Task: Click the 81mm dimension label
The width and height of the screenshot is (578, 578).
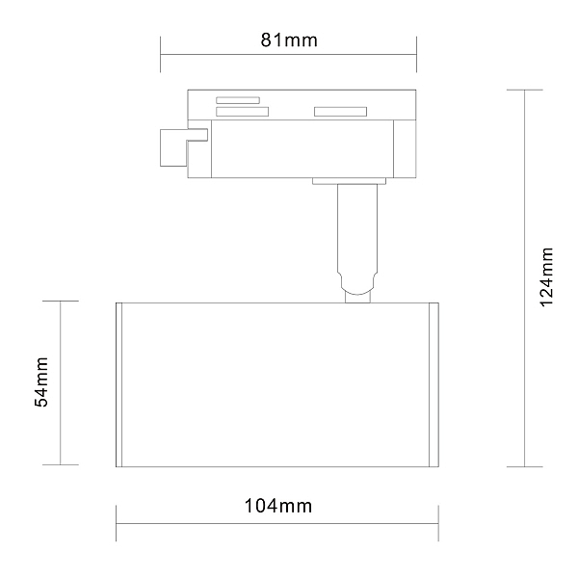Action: (289, 40)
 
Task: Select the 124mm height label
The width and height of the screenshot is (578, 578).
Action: (547, 276)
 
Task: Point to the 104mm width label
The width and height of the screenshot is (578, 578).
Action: (278, 507)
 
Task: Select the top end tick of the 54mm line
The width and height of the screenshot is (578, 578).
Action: (61, 301)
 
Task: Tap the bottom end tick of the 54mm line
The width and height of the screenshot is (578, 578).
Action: (61, 465)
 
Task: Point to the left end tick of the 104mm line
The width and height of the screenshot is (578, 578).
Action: (117, 524)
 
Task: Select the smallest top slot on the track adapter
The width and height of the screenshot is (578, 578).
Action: (238, 99)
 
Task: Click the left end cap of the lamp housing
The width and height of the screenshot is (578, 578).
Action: (121, 384)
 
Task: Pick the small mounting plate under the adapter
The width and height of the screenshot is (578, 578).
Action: (349, 180)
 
